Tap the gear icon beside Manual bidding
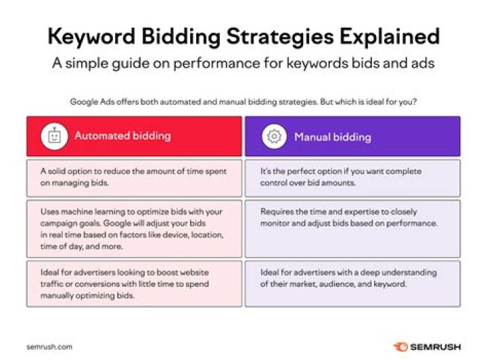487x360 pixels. coord(274,137)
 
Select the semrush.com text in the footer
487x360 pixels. coord(49,346)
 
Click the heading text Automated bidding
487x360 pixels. coord(122,136)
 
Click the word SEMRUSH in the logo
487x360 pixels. coord(437,346)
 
